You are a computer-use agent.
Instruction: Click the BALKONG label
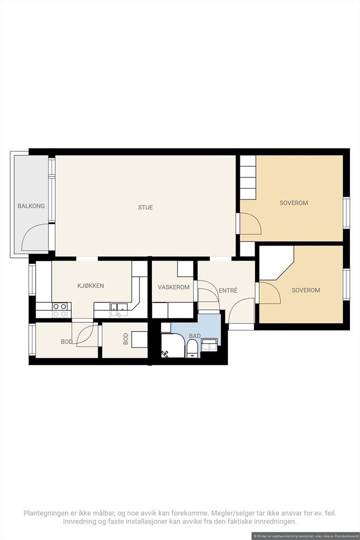(31, 206)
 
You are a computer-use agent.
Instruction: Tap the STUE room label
(145, 207)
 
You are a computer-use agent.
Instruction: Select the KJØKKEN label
(91, 286)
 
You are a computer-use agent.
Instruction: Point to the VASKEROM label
(173, 287)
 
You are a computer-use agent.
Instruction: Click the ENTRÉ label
(227, 290)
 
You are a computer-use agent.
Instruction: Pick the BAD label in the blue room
(195, 335)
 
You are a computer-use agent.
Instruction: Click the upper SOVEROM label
(294, 203)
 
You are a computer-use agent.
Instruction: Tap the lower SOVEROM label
(306, 290)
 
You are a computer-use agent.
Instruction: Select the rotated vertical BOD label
(125, 339)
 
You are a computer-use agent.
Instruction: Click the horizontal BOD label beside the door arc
(66, 342)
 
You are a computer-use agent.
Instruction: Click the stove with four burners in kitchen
(60, 310)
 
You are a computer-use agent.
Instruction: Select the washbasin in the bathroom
(209, 346)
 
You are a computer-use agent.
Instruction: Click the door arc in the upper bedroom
(251, 224)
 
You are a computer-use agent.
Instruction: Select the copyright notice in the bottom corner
(305, 535)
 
